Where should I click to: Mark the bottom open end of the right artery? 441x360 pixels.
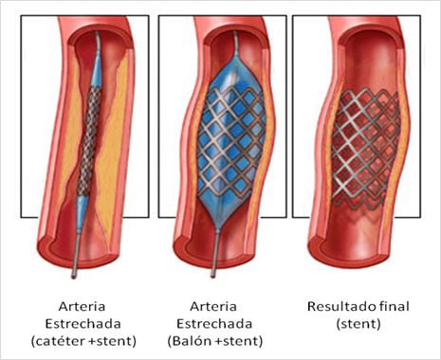pyautogui.click(x=340, y=248)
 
